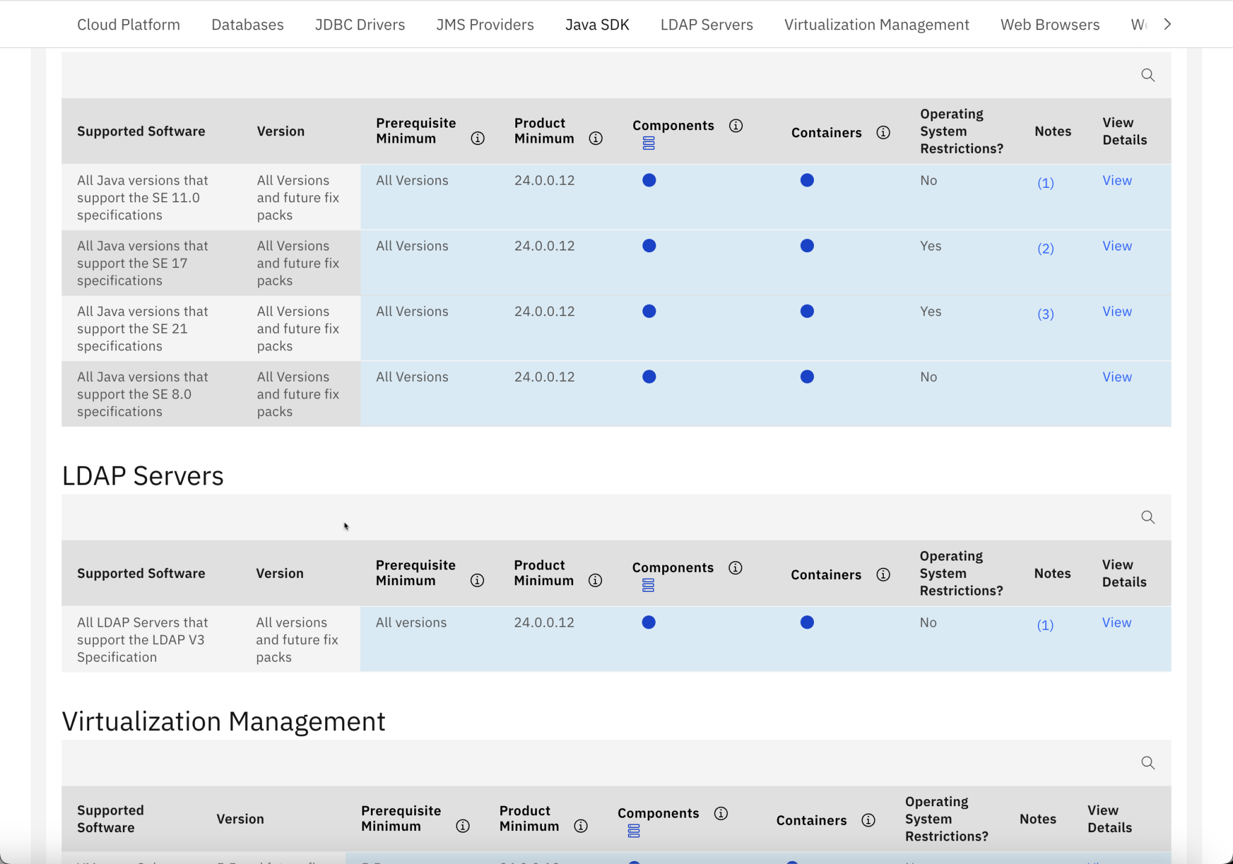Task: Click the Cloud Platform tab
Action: click(128, 25)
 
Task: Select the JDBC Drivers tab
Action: click(359, 25)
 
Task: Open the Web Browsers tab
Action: click(1049, 25)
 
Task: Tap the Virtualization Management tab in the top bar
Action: click(876, 25)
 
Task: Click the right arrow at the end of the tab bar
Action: click(1167, 24)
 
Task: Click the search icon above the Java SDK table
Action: click(1148, 75)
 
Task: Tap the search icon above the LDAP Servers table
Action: click(1148, 517)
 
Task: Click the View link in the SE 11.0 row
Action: click(1117, 181)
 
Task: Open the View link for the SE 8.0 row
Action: click(1117, 377)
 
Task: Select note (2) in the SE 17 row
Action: click(1045, 248)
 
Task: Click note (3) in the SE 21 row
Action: click(1045, 314)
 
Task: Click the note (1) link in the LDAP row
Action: click(1045, 625)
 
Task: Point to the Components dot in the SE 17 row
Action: click(648, 246)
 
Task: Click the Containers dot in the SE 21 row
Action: click(807, 311)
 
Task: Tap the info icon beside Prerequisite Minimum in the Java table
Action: click(477, 138)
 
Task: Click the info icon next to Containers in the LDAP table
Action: click(883, 575)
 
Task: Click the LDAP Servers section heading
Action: click(143, 476)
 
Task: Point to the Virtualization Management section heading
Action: click(223, 721)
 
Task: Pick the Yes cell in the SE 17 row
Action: click(930, 246)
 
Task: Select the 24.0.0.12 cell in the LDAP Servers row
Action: click(544, 623)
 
